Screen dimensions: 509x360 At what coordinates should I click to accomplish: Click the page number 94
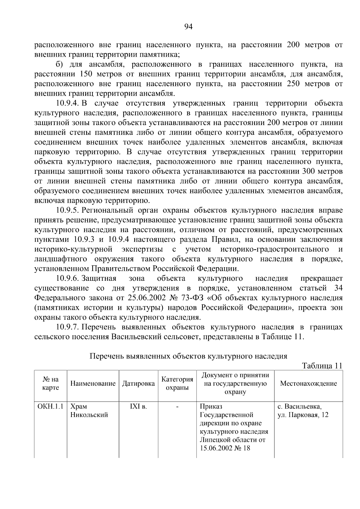[188, 27]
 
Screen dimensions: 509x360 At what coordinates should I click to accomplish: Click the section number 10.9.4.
[67, 103]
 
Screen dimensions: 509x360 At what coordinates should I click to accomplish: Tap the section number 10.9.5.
[67, 211]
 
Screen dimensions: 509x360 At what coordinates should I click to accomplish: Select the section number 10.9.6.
[67, 279]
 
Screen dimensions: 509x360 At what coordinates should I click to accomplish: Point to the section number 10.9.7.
[67, 327]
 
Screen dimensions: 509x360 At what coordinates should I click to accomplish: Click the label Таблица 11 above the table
[322, 366]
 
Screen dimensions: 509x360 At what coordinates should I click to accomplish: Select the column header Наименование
[93, 383]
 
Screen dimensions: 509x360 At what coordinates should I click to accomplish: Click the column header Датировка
[138, 383]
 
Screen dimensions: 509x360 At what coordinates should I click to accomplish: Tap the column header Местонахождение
[308, 383]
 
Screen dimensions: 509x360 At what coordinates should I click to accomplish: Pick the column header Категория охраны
[177, 383]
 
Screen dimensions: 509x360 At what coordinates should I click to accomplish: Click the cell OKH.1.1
[50, 407]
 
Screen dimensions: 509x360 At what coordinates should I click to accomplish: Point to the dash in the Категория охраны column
[177, 407]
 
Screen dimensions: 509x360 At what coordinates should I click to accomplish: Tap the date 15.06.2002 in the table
[215, 448]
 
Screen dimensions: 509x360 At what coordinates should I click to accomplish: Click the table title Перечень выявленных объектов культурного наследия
[188, 356]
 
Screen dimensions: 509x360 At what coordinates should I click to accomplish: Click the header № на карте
[50, 383]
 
